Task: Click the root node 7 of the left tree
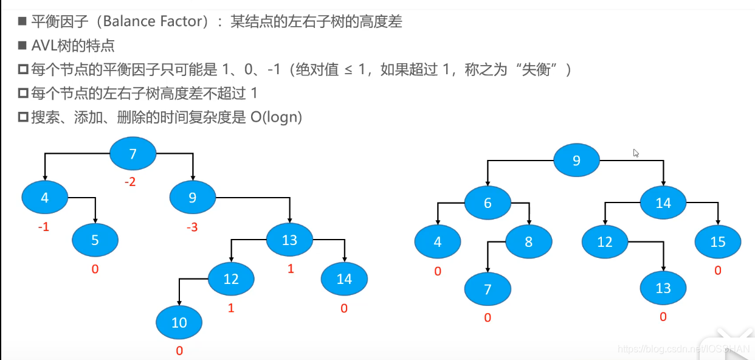tap(133, 154)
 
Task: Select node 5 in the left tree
tap(95, 240)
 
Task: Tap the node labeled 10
tap(179, 322)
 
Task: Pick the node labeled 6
tap(488, 202)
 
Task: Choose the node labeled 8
tap(528, 241)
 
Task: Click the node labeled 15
tap(718, 241)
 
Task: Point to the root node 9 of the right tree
tap(576, 161)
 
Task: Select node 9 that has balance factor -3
tap(193, 198)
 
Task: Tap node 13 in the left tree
tap(289, 240)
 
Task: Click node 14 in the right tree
tap(663, 202)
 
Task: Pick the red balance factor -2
tap(129, 182)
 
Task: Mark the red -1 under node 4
tap(43, 227)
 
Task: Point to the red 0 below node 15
tap(718, 270)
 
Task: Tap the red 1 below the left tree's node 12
tap(231, 308)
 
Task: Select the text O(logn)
tap(276, 117)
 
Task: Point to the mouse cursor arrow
tap(636, 153)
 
